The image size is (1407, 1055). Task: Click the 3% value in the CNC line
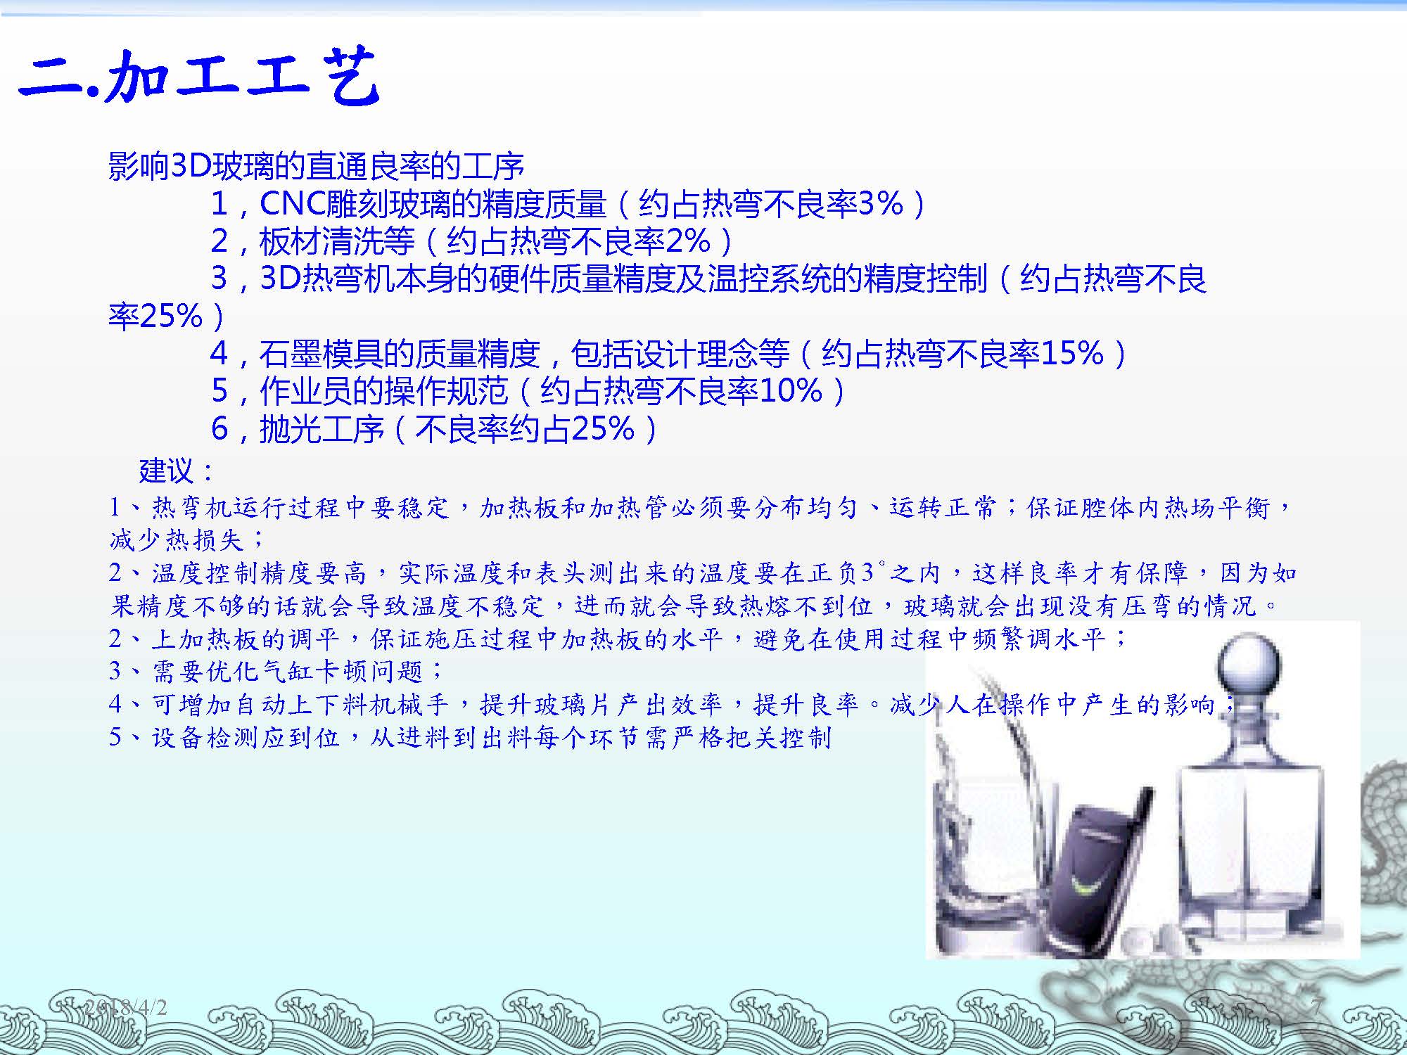coord(881,204)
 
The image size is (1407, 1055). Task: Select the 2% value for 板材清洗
coord(687,241)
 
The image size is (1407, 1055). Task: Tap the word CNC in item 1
coord(292,204)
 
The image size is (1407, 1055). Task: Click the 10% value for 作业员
coord(791,390)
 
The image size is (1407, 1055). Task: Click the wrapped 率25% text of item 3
coord(155,316)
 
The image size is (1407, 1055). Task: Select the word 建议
coord(166,471)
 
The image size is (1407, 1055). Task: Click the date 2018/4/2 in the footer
coord(127,1007)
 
